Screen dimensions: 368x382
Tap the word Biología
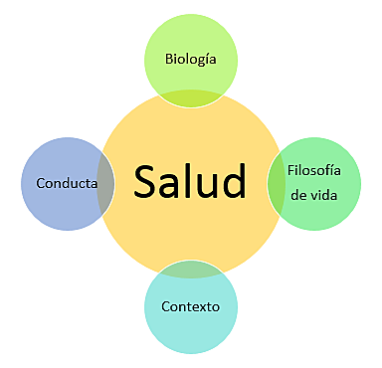[x=191, y=58]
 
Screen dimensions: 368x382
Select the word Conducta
[x=66, y=183]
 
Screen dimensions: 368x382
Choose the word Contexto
[x=190, y=305]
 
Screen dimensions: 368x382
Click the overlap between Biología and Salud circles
[x=191, y=96]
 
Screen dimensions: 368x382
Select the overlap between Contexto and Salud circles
[x=190, y=269]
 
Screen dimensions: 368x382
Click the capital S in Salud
[x=146, y=182]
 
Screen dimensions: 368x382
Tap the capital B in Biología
[x=167, y=58]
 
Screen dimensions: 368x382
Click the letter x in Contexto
[x=203, y=305]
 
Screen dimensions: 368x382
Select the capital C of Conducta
[x=40, y=183]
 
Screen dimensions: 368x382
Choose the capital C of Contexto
[x=165, y=305]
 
